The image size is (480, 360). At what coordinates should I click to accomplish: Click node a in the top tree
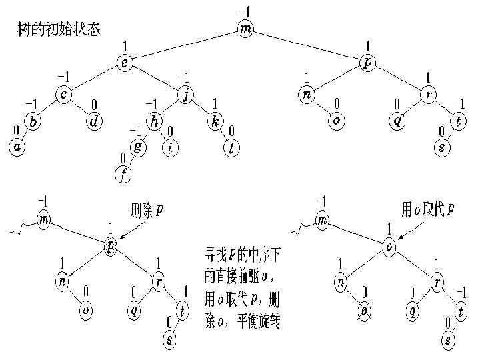[17, 148]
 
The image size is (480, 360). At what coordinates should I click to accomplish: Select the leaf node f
[123, 175]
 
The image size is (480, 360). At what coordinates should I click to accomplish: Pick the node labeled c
[63, 95]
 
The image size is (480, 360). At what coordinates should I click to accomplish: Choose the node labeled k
[216, 121]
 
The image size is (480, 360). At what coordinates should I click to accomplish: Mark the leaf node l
[230, 148]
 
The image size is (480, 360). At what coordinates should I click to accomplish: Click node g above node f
[138, 148]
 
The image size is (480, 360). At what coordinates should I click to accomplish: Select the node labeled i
[171, 148]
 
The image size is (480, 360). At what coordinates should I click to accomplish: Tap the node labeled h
[155, 121]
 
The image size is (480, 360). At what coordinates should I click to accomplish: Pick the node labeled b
[34, 121]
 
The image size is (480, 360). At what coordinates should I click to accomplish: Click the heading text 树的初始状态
[59, 31]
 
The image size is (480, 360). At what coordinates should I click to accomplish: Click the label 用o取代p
[427, 209]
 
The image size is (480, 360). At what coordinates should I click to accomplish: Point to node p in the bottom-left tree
[111, 247]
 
